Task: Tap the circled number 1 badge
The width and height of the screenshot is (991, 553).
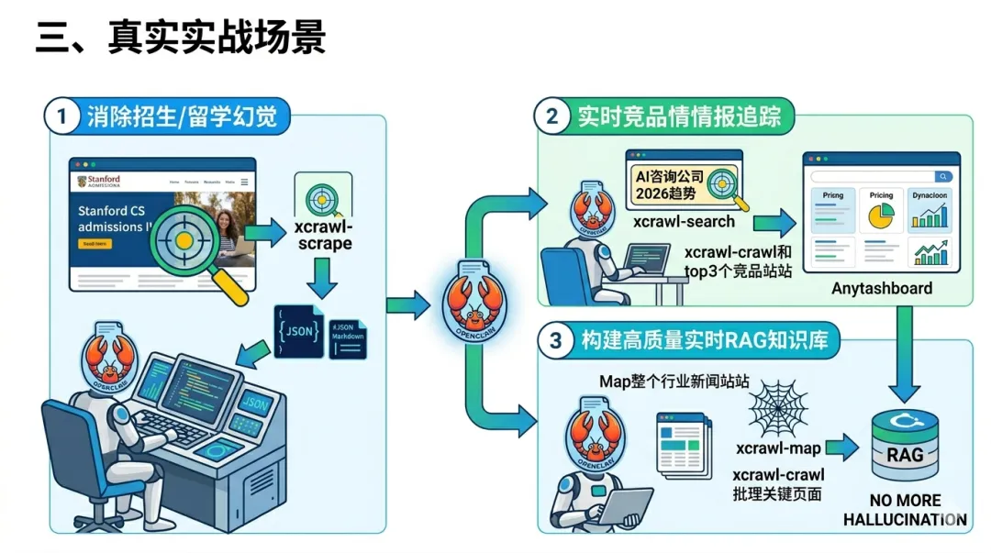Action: [62, 116]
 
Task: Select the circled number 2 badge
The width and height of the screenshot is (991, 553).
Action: [551, 116]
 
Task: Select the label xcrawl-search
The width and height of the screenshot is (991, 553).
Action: [684, 221]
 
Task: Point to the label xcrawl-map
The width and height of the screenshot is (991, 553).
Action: [778, 448]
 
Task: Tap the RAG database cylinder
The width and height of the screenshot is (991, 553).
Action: [905, 446]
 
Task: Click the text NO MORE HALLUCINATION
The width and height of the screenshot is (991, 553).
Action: [905, 510]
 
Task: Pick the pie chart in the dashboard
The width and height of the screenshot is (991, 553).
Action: [881, 216]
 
